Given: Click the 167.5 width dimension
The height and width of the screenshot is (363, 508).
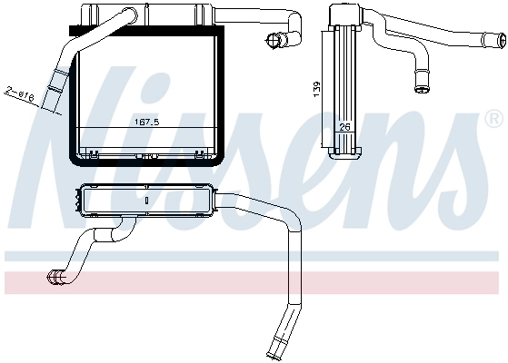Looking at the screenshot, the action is coord(146,122).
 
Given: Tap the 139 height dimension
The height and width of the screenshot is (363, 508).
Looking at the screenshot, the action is coord(316,89).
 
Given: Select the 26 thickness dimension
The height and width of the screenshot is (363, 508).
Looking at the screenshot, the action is coord(344,127).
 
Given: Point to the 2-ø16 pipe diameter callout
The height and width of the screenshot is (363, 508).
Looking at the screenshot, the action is coord(20,93).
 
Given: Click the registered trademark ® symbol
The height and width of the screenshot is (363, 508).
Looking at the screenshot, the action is coord(495,119).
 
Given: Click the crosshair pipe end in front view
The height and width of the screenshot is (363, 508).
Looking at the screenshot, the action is coord(274,41).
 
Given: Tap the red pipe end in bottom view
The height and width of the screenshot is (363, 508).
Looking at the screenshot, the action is coord(55,278).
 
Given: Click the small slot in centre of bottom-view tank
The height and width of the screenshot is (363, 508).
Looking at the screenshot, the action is coord(146,201).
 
